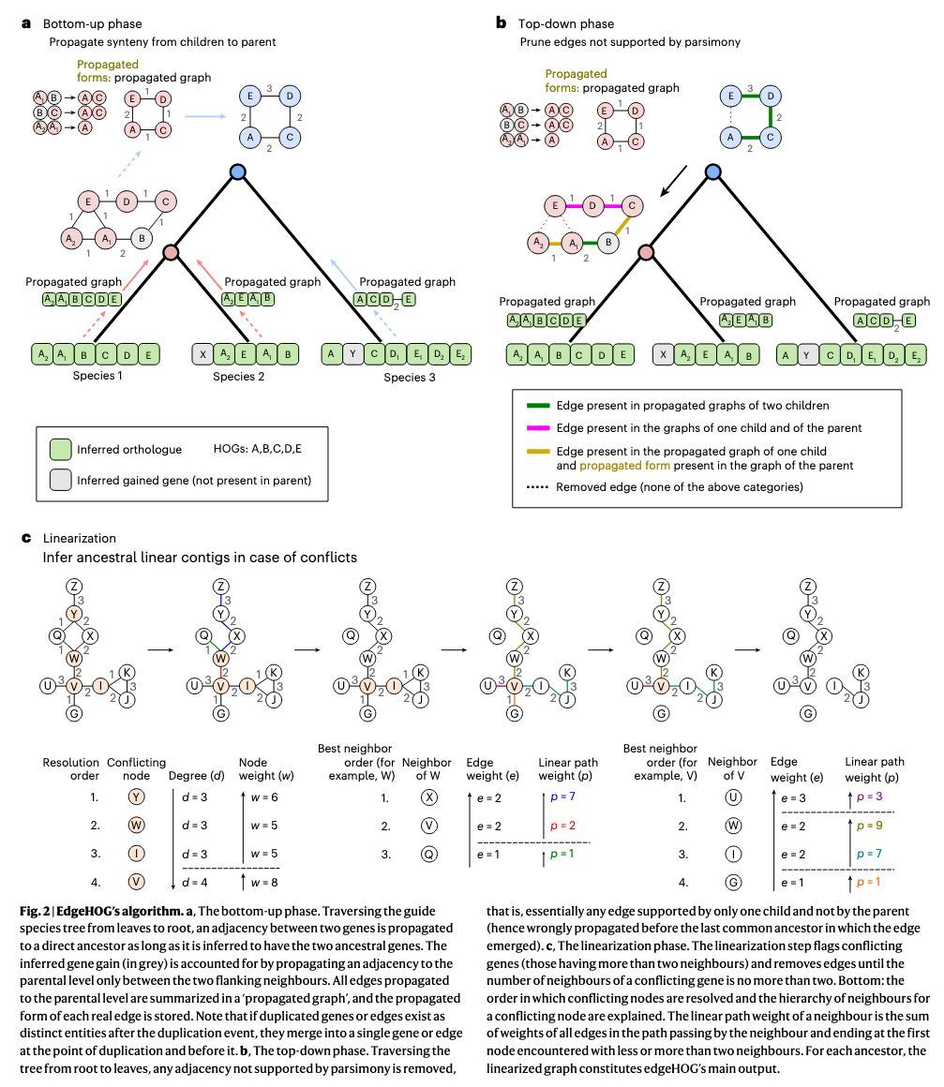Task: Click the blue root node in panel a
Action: pyautogui.click(x=238, y=172)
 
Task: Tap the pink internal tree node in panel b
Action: pyautogui.click(x=646, y=252)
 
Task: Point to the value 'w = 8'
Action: pyautogui.click(x=259, y=882)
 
